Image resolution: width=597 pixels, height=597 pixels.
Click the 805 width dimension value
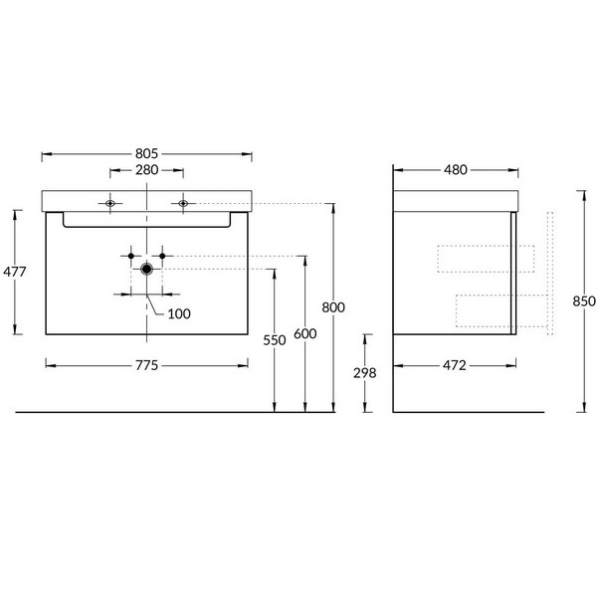tap(146, 153)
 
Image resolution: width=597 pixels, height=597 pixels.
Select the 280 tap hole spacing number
tap(147, 170)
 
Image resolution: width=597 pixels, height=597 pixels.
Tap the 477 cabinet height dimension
tap(15, 272)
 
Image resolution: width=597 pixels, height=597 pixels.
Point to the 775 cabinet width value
tap(146, 365)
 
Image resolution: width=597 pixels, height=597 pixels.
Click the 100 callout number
tap(179, 313)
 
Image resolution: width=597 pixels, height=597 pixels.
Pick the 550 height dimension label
tap(275, 340)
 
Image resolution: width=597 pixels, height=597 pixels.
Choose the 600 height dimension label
tap(305, 333)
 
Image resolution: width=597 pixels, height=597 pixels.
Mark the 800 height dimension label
tap(333, 307)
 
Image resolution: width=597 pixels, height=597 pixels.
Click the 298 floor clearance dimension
tap(364, 373)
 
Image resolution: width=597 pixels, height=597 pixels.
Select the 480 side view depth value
tap(456, 170)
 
